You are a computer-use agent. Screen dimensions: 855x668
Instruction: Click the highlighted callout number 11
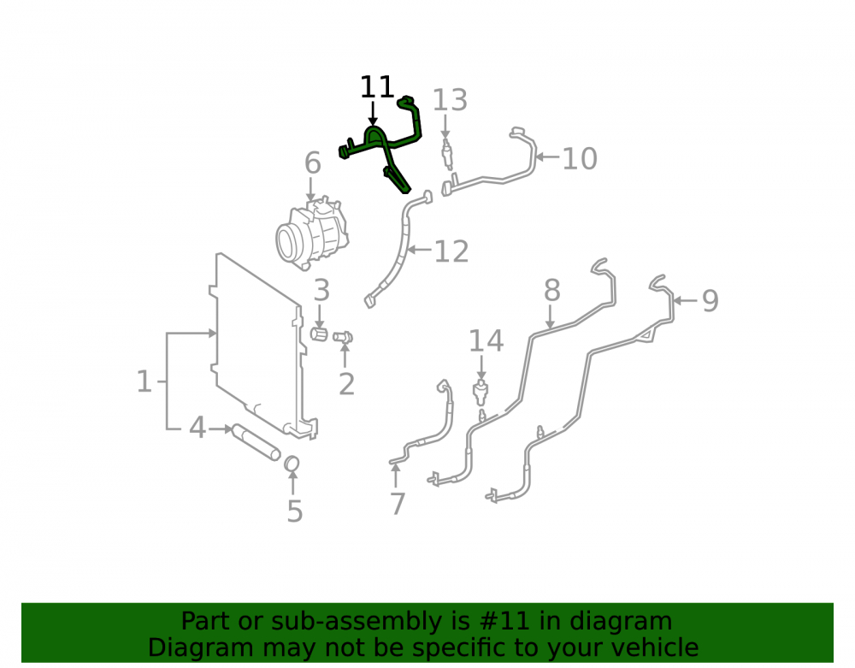tap(377, 87)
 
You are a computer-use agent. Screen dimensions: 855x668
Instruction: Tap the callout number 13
tap(450, 100)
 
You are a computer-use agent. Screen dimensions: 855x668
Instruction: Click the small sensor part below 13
tap(447, 153)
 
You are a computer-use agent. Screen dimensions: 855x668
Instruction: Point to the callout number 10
tap(579, 159)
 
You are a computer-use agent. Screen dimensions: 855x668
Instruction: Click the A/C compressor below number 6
tap(311, 233)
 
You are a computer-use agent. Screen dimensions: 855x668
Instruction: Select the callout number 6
tap(312, 163)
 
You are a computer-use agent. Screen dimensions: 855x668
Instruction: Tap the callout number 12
tap(451, 251)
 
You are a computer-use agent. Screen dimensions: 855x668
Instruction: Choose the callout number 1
tap(144, 381)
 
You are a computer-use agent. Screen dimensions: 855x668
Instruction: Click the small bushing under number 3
tap(318, 334)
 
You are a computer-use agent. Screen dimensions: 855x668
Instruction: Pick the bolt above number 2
tap(343, 337)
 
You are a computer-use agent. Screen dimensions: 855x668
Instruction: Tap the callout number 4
tap(198, 428)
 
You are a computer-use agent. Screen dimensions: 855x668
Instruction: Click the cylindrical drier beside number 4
tap(256, 441)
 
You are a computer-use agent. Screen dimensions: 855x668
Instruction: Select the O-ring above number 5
tap(292, 464)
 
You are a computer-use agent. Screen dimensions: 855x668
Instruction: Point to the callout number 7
tap(398, 503)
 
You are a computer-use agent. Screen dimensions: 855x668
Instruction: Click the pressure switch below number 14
tap(480, 392)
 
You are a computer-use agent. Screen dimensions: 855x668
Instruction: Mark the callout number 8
tap(551, 290)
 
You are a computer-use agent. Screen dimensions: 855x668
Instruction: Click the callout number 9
tap(710, 300)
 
